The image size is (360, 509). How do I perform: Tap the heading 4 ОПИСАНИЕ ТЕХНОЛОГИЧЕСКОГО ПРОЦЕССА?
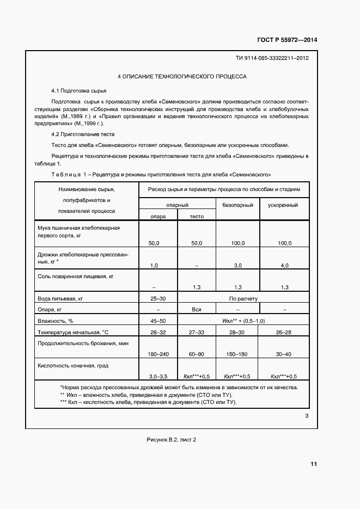click(182, 77)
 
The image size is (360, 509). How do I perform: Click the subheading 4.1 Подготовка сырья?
click(78, 90)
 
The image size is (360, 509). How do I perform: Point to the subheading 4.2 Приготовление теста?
click(82, 134)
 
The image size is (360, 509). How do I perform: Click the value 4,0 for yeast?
click(284, 265)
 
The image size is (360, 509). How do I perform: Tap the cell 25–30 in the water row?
click(158, 299)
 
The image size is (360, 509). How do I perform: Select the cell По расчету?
click(243, 299)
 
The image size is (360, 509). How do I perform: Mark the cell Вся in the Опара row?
click(197, 310)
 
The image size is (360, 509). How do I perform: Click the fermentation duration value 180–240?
click(158, 354)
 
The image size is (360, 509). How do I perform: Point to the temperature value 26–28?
click(284, 332)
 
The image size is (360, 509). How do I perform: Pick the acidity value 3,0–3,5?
click(158, 376)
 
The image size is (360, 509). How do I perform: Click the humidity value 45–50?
click(158, 321)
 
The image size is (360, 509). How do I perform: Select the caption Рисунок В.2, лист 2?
click(171, 439)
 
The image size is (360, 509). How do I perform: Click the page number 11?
click(313, 464)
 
